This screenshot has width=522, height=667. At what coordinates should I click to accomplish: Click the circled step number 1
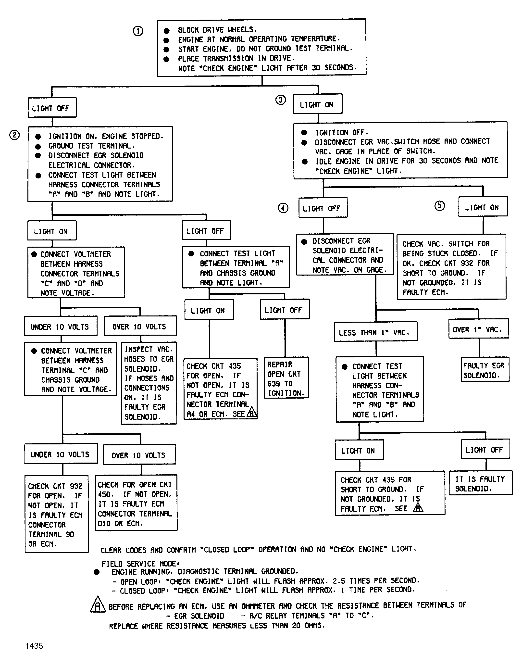pyautogui.click(x=138, y=31)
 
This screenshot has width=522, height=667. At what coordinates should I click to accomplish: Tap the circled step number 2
pyautogui.click(x=14, y=135)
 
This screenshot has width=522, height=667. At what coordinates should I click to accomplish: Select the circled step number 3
pyautogui.click(x=281, y=100)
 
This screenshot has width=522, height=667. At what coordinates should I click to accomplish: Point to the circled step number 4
pyautogui.click(x=283, y=208)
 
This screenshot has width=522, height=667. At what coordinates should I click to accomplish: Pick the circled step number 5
pyautogui.click(x=440, y=205)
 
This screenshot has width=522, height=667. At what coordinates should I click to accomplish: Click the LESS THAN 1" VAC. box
pyautogui.click(x=376, y=332)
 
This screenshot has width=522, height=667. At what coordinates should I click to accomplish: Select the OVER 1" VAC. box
pyautogui.click(x=479, y=329)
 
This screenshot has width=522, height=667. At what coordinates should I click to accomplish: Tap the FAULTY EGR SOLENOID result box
pyautogui.click(x=485, y=369)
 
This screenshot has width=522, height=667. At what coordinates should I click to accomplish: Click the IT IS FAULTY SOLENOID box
pyautogui.click(x=481, y=483)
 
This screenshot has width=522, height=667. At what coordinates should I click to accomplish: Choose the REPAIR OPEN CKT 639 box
pyautogui.click(x=286, y=378)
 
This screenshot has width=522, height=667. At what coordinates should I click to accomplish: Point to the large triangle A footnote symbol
pyautogui.click(x=98, y=604)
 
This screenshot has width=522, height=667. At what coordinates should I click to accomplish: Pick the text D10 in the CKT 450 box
pyautogui.click(x=104, y=524)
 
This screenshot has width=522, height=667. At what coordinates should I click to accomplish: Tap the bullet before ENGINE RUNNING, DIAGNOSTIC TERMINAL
pyautogui.click(x=97, y=572)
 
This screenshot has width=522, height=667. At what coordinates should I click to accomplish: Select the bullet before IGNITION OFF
pyautogui.click(x=304, y=132)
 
